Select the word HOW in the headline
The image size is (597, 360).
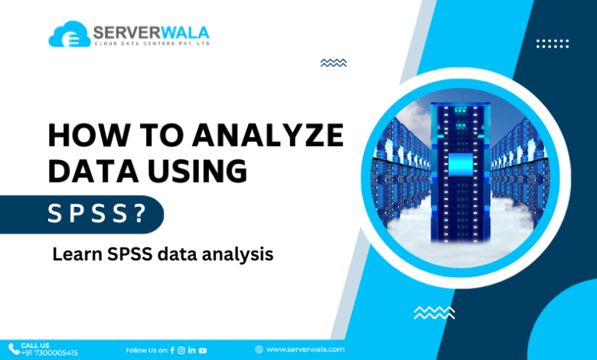click(x=80, y=135)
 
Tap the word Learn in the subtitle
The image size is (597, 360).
click(x=75, y=254)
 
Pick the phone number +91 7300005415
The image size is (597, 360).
click(x=49, y=352)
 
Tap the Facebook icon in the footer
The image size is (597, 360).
click(x=172, y=350)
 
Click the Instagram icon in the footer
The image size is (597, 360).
click(x=181, y=350)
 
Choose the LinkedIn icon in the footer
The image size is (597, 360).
click(x=191, y=350)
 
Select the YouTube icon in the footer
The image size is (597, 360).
click(x=202, y=350)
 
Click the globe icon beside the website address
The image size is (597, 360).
click(x=258, y=350)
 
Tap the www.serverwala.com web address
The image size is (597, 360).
click(x=305, y=350)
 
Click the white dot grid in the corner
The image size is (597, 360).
click(x=553, y=44)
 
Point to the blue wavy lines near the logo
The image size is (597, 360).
click(x=333, y=63)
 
